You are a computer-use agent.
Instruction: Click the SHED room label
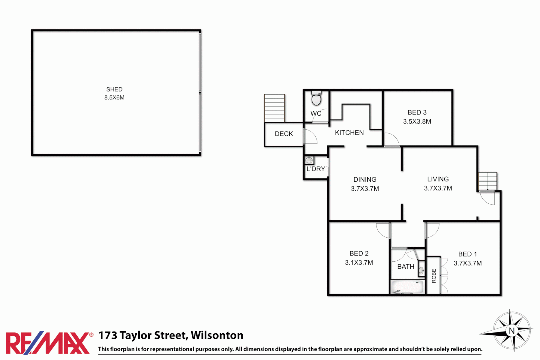click(114, 89)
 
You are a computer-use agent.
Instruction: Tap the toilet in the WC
click(316, 99)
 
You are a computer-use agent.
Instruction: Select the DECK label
click(284, 134)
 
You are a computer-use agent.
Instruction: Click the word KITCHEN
click(349, 133)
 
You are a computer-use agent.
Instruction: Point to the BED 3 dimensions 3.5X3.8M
click(417, 122)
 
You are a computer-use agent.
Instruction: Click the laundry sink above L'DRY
click(309, 160)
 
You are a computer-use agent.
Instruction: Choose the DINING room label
click(365, 179)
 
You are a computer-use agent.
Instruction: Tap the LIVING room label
click(438, 179)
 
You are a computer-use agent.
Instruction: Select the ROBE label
click(434, 276)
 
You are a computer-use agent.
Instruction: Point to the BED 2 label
click(359, 253)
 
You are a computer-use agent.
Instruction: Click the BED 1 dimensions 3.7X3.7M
click(467, 263)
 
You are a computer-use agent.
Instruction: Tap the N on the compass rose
click(512, 331)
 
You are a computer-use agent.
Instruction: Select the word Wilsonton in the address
click(217, 335)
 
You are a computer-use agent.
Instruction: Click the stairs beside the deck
click(274, 108)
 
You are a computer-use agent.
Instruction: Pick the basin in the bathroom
click(421, 270)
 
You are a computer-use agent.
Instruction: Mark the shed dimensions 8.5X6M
click(114, 98)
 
